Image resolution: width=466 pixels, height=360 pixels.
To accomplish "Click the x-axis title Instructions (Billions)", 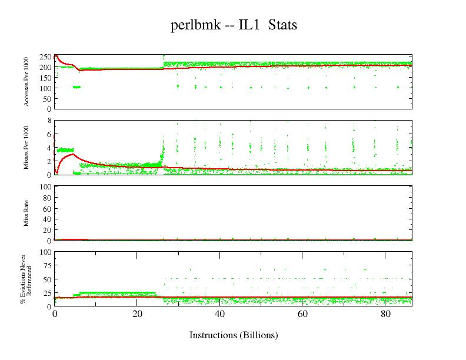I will tap(234, 335).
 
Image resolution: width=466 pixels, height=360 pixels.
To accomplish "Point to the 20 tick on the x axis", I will tap(137, 314).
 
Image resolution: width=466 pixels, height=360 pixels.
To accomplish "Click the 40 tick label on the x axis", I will tap(219, 314).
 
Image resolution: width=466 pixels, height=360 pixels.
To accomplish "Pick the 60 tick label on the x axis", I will tap(302, 314).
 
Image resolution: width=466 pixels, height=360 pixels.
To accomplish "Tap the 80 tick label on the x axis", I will tap(384, 314).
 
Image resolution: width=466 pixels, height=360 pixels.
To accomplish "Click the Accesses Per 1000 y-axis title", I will tap(26, 82).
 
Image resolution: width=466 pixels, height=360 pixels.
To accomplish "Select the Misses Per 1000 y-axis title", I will tap(26, 147).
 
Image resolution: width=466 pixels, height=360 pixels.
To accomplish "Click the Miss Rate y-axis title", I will tap(26, 213).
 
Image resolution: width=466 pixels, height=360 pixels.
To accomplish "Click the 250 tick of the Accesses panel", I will tap(45, 57).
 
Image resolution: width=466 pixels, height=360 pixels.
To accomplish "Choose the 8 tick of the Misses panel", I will tap(49, 121).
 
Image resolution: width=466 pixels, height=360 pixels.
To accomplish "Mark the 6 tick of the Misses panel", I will tap(49, 134).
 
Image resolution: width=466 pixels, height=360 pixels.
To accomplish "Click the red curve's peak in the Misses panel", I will tap(72, 155).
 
